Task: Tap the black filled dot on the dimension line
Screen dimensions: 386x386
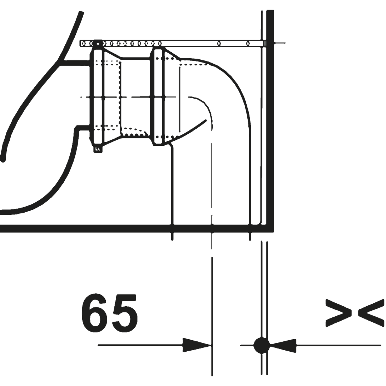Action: (261, 345)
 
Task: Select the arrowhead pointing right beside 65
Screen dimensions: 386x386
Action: (196, 345)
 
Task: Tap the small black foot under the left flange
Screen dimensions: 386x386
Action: (98, 149)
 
